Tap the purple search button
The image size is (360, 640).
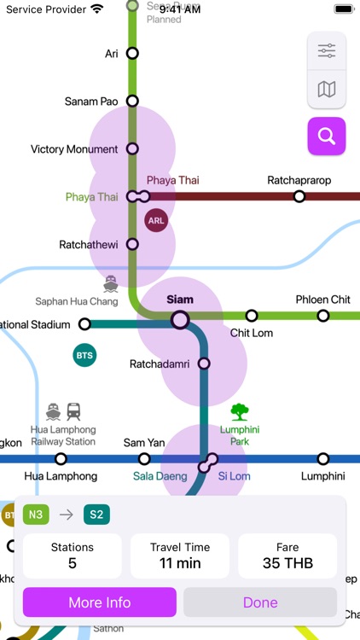327,136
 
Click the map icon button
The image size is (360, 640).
327,89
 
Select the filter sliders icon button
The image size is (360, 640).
327,51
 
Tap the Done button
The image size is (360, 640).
260,602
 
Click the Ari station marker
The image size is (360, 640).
132,53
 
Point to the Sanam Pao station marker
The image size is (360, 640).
132,101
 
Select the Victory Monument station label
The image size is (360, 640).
74,149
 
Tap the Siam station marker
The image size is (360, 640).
180,319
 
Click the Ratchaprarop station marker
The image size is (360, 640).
299,196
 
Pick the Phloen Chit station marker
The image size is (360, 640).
323,316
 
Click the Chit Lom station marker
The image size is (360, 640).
252,316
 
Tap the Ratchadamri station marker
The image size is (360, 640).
204,364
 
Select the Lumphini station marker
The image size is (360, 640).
323,459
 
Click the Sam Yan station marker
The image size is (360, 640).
144,459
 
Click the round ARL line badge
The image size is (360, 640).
156,220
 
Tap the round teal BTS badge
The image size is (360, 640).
84,355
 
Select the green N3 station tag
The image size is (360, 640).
36,515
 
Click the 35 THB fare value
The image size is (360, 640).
287,563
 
